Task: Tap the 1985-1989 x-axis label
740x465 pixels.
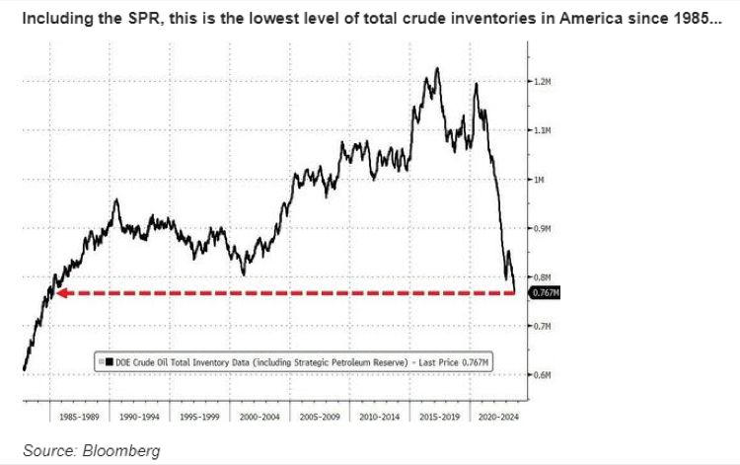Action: coord(79,418)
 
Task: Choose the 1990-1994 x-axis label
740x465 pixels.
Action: coord(140,418)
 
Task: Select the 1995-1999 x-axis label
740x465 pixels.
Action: coord(201,418)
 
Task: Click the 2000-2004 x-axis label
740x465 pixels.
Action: coord(261,418)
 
